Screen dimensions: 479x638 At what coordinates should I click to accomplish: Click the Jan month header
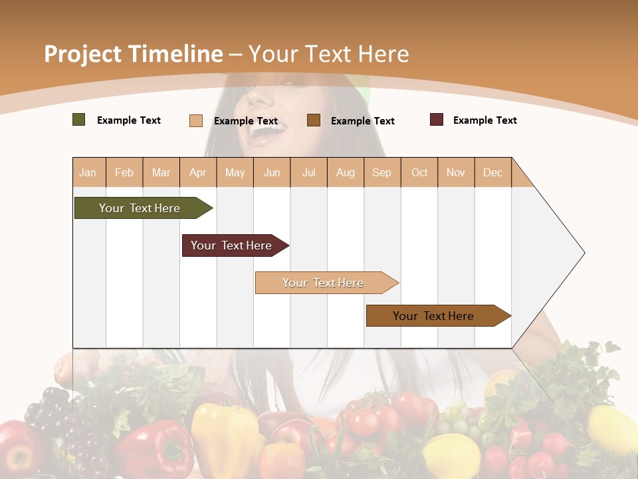[88, 172]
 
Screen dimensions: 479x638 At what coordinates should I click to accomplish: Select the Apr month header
[197, 172]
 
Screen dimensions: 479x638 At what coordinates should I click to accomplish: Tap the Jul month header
[308, 172]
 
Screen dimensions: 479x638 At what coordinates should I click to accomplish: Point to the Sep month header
[381, 172]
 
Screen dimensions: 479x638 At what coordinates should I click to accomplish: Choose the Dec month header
[492, 172]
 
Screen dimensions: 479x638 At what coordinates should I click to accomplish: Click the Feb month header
[124, 172]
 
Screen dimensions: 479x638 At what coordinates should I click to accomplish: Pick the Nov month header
[455, 172]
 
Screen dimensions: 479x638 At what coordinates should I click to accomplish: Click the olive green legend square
[79, 120]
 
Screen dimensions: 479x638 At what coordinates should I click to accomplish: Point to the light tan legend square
[196, 120]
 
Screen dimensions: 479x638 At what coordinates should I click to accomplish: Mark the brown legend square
[314, 120]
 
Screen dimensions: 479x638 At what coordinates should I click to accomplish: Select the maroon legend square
[437, 120]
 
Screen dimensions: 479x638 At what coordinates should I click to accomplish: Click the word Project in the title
[82, 54]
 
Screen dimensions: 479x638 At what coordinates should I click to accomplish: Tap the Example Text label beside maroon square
[484, 120]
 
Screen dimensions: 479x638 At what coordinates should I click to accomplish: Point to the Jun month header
[272, 172]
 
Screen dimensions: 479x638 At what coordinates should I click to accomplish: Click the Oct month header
[419, 172]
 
